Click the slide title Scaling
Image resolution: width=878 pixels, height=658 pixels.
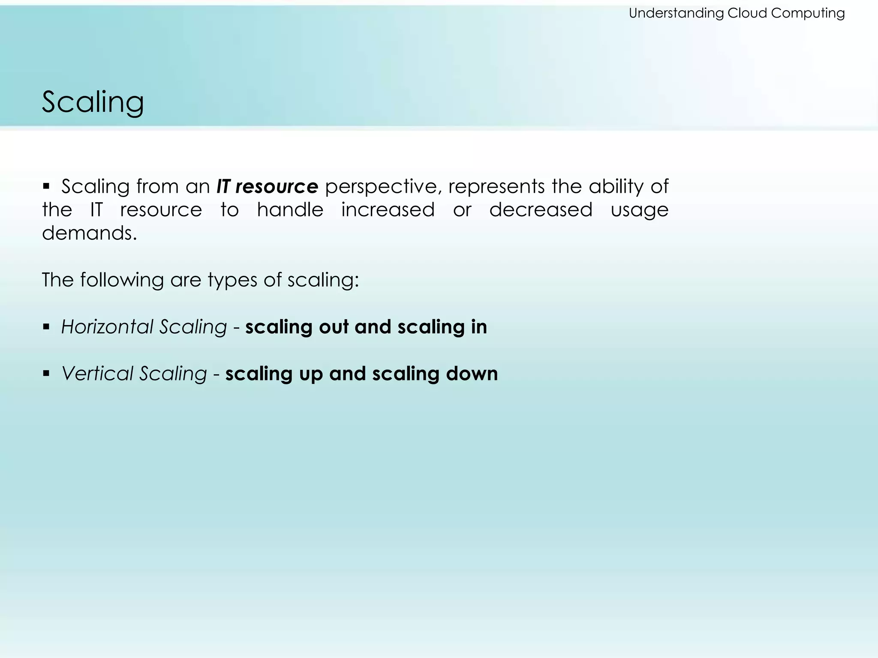click(x=93, y=103)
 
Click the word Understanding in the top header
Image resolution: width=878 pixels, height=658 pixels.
click(x=676, y=13)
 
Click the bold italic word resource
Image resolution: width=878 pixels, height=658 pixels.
click(x=277, y=187)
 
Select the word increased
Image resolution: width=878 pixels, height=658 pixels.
click(x=388, y=210)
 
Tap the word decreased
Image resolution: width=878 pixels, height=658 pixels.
click(x=541, y=210)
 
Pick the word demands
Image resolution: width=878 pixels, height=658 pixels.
click(x=89, y=233)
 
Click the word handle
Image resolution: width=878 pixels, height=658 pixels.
click(x=290, y=210)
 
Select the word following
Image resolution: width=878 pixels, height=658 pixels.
click(x=122, y=280)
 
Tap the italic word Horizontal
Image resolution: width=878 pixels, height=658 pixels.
click(x=107, y=327)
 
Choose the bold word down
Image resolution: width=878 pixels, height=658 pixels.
click(x=472, y=374)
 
